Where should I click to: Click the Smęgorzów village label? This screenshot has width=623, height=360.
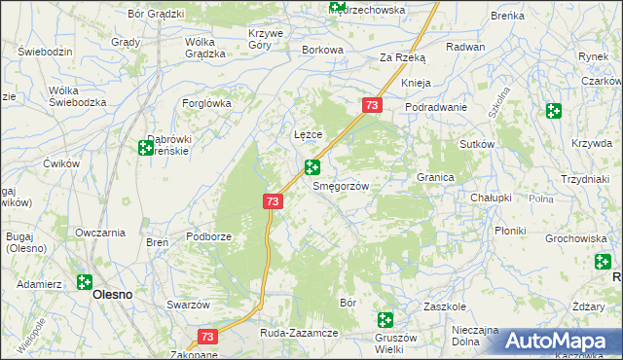pyautogui.click(x=339, y=186)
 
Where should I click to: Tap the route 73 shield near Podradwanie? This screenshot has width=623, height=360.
pyautogui.click(x=371, y=105)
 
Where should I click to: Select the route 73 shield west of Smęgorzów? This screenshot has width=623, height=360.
pyautogui.click(x=273, y=201)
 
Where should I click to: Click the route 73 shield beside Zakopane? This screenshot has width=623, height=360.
pyautogui.click(x=206, y=337)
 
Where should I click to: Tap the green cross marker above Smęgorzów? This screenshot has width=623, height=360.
pyautogui.click(x=312, y=167)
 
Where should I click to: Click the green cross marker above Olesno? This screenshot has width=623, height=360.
pyautogui.click(x=85, y=281)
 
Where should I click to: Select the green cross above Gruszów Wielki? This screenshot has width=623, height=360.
pyautogui.click(x=385, y=319)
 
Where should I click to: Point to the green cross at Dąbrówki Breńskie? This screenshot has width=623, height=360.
pyautogui.click(x=145, y=148)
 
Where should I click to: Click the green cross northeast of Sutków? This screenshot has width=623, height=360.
pyautogui.click(x=554, y=111)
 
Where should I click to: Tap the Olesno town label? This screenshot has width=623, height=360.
pyautogui.click(x=112, y=294)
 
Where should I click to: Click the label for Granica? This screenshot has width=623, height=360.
pyautogui.click(x=436, y=178)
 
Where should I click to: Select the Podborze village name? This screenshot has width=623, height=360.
pyautogui.click(x=209, y=236)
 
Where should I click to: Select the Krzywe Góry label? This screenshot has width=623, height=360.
pyautogui.click(x=265, y=39)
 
